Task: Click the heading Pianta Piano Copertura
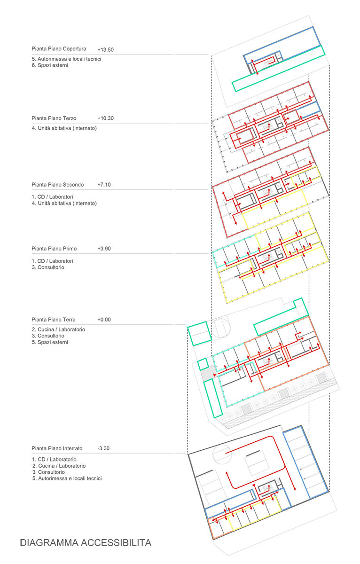(x=59, y=49)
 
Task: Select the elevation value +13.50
(x=105, y=50)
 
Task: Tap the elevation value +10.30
(x=105, y=118)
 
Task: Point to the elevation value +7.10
(x=104, y=185)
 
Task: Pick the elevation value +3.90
(x=104, y=249)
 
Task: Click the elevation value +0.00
(x=104, y=320)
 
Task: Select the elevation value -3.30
(x=103, y=448)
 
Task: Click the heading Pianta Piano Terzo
(x=54, y=118)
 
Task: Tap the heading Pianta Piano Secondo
(x=58, y=185)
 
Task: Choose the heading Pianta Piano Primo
(x=54, y=249)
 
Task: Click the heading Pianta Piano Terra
(x=54, y=320)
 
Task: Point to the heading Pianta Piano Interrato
(x=57, y=448)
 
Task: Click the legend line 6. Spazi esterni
(x=50, y=65)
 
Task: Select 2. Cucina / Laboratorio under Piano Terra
(x=58, y=329)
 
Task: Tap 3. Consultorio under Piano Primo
(x=48, y=267)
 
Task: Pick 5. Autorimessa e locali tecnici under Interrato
(x=67, y=478)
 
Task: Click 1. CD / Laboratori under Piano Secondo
(x=52, y=197)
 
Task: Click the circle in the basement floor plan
(x=222, y=454)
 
